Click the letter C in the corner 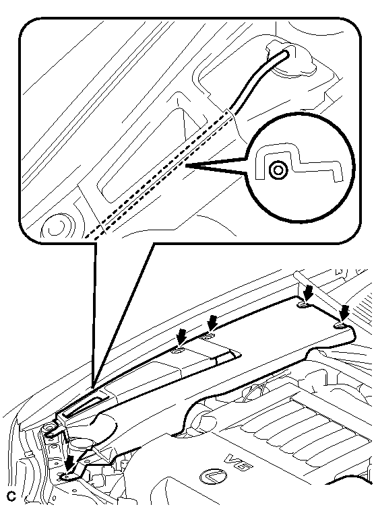(11, 496)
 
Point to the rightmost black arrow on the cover (344, 313)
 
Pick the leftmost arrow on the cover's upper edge (181, 337)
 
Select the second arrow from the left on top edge (212, 323)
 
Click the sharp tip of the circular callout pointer (187, 166)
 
